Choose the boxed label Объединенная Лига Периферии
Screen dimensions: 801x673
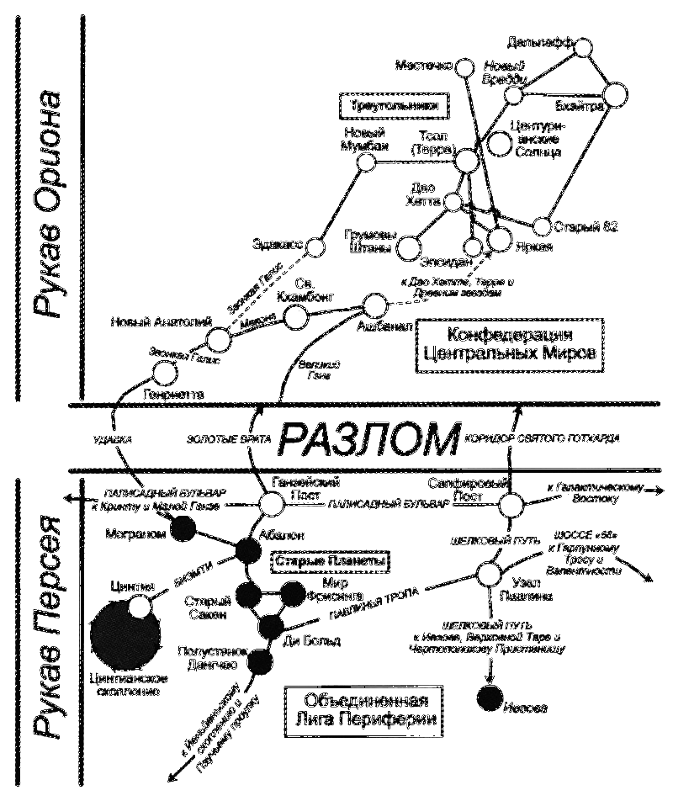363,709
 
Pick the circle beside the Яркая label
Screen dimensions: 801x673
501,241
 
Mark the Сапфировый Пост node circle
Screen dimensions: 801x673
511,507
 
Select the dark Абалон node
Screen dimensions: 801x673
248,551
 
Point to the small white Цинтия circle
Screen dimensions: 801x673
140,605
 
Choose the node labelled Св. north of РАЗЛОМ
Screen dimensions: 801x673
296,316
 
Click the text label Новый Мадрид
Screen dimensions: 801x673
365,139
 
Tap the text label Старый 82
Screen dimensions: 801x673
580,226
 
